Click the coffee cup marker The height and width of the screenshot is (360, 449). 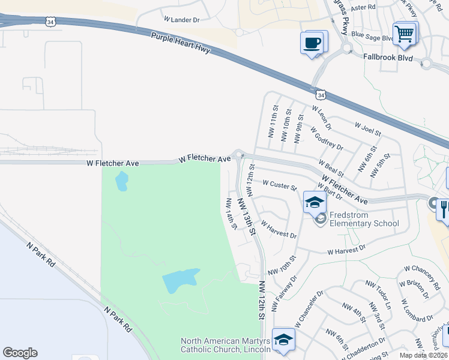click(313, 43)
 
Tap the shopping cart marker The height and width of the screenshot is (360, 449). click(405, 34)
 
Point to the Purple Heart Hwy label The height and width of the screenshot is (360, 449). click(181, 43)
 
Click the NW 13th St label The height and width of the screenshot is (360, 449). click(247, 216)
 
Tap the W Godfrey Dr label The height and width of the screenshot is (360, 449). click(327, 138)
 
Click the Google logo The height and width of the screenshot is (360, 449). click(20, 353)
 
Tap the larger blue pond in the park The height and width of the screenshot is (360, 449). click(180, 280)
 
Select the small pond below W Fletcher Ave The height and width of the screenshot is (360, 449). click(121, 181)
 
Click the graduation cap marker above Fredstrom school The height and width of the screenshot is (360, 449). click(314, 202)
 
